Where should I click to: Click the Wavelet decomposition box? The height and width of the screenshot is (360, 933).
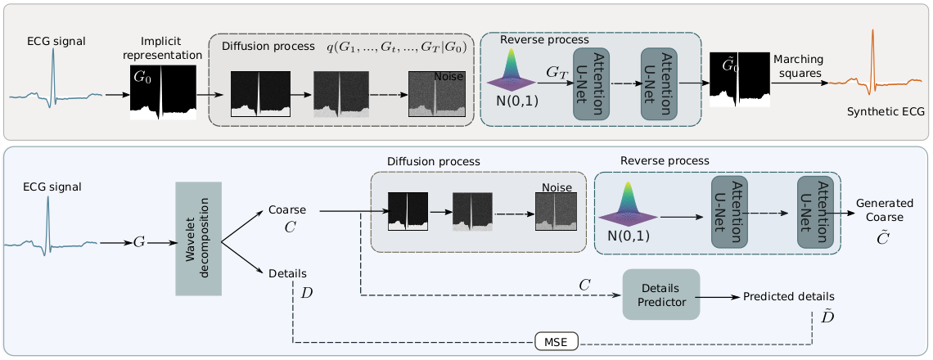click(199, 238)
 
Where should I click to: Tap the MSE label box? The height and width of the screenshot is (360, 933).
click(557, 341)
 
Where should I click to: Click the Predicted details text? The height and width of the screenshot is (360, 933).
click(788, 296)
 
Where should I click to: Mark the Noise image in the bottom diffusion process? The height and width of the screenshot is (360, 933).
click(556, 215)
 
